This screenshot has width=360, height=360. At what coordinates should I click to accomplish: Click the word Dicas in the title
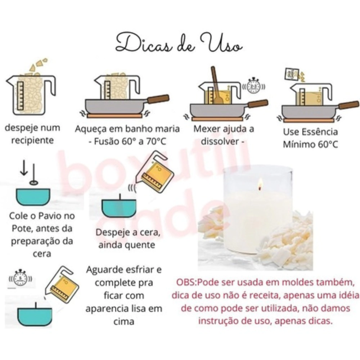pos(144,43)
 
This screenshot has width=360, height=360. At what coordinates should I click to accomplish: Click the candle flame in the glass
pos(260,184)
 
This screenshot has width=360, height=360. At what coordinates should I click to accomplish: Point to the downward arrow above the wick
pos(24,168)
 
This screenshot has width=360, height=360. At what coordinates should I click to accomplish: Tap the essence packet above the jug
pos(292,74)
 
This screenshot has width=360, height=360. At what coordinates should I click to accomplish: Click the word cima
pos(124,321)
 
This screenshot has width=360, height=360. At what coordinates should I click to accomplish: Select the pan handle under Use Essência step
pos(348,105)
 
